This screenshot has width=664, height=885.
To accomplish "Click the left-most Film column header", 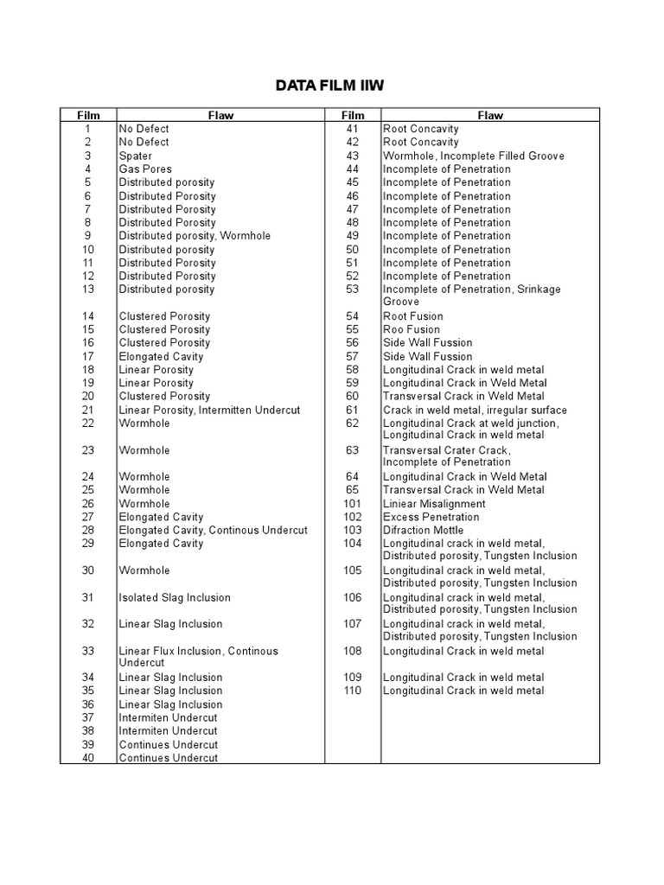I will (88, 115).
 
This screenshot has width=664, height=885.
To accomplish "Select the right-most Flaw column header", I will (489, 115).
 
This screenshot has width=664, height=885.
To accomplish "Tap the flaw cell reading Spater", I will (136, 156).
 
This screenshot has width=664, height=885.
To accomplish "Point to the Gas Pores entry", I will (145, 169).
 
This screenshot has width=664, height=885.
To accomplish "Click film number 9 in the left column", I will (88, 236).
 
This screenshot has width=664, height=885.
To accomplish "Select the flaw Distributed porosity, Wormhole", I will (195, 236).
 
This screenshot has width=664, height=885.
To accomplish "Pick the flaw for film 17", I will (161, 356).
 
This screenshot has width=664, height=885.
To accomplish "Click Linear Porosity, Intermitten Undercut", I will (209, 410).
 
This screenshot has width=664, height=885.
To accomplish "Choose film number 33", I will (88, 651).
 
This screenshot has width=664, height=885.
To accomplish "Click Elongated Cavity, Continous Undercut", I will (213, 530).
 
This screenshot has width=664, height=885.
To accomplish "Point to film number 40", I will (88, 758).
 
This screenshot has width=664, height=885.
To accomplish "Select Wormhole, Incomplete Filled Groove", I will (473, 156).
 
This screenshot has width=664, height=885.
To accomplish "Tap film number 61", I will (352, 410).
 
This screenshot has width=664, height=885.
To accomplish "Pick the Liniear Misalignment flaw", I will (434, 503).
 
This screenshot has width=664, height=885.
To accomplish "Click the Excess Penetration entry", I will (431, 517).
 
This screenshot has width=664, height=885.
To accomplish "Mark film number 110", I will (352, 691).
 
